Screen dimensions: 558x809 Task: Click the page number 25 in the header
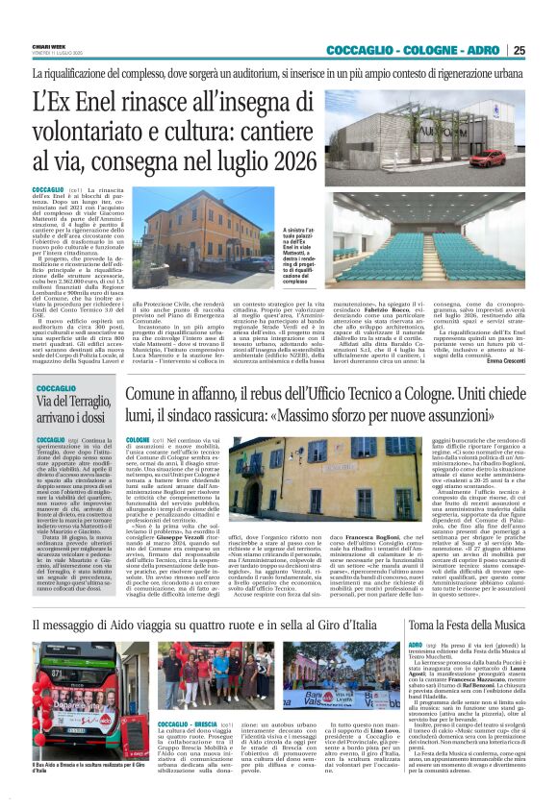point(545,50)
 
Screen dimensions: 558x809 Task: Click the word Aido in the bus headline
point(133,597)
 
